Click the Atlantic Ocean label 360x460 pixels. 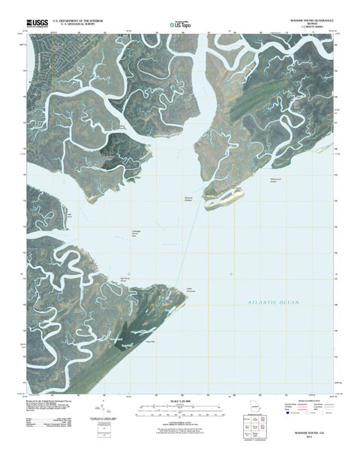click(x=274, y=302)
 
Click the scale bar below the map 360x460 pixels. click(x=180, y=410)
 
